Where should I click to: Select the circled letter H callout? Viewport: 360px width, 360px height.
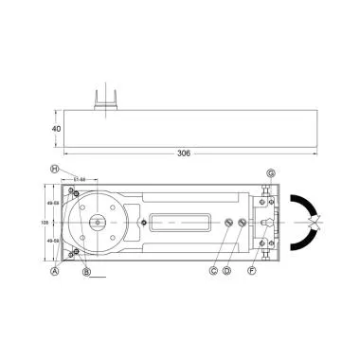[55, 169]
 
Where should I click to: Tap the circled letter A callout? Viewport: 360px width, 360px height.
[55, 270]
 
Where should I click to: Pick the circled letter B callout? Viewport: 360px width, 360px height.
[87, 273]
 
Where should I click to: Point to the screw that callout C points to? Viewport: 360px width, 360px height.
[229, 224]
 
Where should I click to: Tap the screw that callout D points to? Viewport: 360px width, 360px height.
[243, 224]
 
